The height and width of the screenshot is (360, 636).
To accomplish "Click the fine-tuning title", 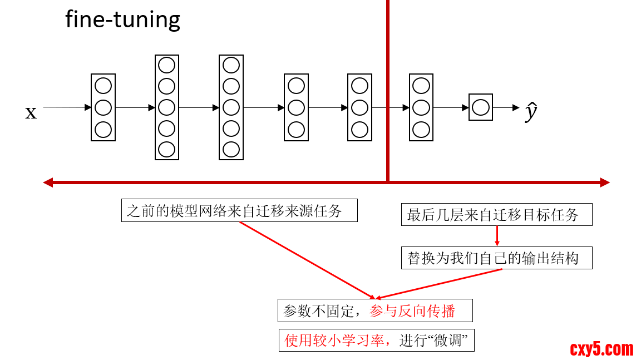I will (x=122, y=20).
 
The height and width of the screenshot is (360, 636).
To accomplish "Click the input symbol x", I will (x=31, y=112).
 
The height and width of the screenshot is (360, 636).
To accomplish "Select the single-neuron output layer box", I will (x=481, y=107).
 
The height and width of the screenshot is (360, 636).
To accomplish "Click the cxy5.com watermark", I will (x=602, y=349).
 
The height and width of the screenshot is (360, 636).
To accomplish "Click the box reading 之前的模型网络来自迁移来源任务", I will (x=239, y=211).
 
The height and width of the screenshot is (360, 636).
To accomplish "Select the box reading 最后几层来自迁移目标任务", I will (x=496, y=215).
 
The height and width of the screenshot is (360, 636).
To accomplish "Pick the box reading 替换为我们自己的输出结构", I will (x=496, y=258).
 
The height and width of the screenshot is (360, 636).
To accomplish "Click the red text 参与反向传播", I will (x=412, y=310).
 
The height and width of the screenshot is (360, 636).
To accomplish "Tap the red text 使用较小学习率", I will (x=334, y=341).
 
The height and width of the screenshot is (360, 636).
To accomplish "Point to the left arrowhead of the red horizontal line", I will (x=48, y=182).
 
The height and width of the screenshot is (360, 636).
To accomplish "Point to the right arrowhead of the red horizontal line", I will (x=605, y=182).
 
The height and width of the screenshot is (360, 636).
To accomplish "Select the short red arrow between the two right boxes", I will (x=497, y=236).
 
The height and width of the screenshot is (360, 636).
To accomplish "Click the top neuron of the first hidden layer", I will (x=103, y=86).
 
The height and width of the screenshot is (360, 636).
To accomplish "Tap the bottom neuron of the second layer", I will (x=167, y=150).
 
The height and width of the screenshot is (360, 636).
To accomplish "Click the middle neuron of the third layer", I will (x=231, y=107).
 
